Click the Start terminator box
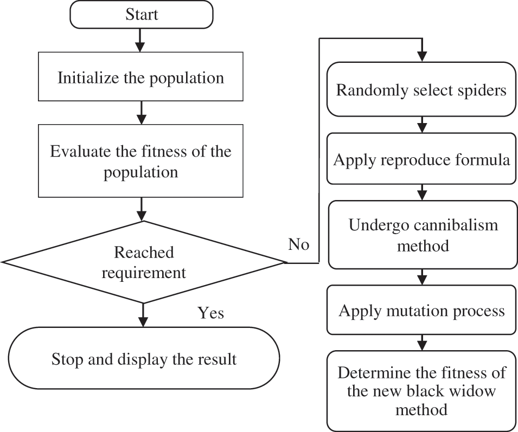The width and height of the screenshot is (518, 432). (141, 15)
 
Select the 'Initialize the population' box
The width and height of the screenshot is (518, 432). (141, 78)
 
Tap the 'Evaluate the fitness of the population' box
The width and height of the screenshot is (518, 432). (141, 161)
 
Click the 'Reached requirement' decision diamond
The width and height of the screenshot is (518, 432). (144, 262)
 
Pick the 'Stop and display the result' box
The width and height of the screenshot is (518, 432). (144, 359)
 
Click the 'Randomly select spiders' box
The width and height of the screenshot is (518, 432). (421, 89)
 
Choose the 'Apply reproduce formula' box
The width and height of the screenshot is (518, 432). (421, 160)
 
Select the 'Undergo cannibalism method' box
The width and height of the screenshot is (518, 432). (421, 235)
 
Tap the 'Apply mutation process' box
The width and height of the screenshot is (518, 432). (421, 311)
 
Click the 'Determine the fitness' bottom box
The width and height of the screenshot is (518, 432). (421, 391)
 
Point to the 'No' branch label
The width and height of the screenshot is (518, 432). (298, 245)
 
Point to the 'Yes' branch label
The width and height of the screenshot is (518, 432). (210, 313)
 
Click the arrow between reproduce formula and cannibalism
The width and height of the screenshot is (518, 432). (421, 193)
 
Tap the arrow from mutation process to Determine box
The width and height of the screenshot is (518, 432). (421, 343)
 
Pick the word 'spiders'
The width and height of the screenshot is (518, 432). (481, 89)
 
